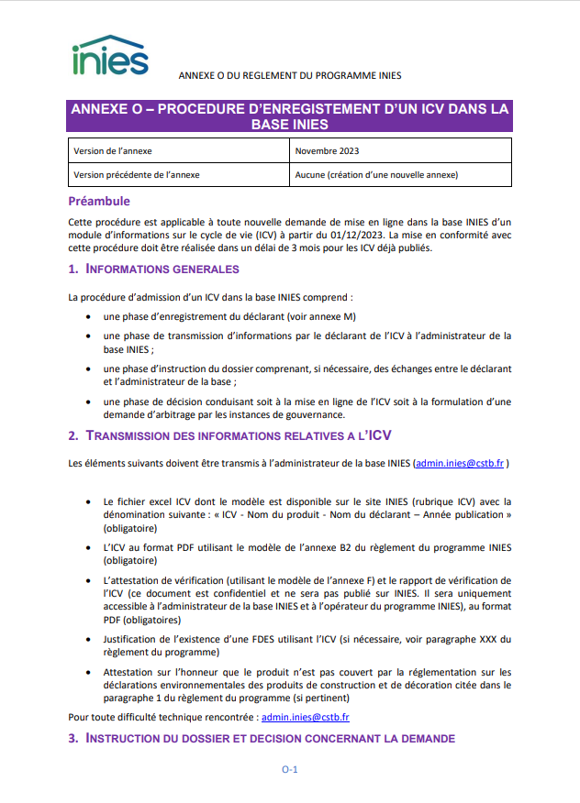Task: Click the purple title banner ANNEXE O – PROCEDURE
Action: (x=289, y=115)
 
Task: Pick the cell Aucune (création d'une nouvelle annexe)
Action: (x=376, y=174)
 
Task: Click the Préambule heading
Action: (x=99, y=201)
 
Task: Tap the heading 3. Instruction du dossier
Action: (x=261, y=739)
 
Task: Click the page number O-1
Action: (x=289, y=770)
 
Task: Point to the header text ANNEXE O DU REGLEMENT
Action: (x=289, y=75)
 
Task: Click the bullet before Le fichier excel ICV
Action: (x=86, y=502)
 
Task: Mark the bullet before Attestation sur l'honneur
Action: (x=86, y=673)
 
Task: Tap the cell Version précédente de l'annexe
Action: (x=135, y=174)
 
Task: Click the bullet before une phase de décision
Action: (x=86, y=401)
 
